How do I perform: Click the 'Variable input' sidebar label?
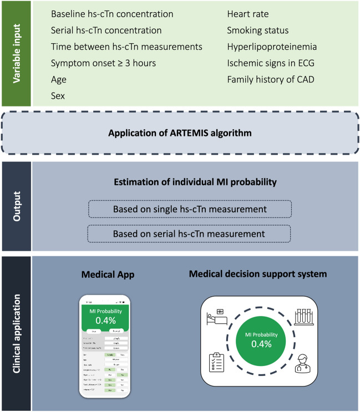click(17, 53)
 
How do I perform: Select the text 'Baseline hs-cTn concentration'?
click(112, 13)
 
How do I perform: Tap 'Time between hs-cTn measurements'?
click(126, 47)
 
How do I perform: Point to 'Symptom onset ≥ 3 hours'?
click(103, 63)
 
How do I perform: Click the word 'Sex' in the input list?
click(58, 96)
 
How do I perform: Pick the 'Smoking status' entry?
click(258, 30)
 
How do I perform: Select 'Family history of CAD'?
click(271, 79)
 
